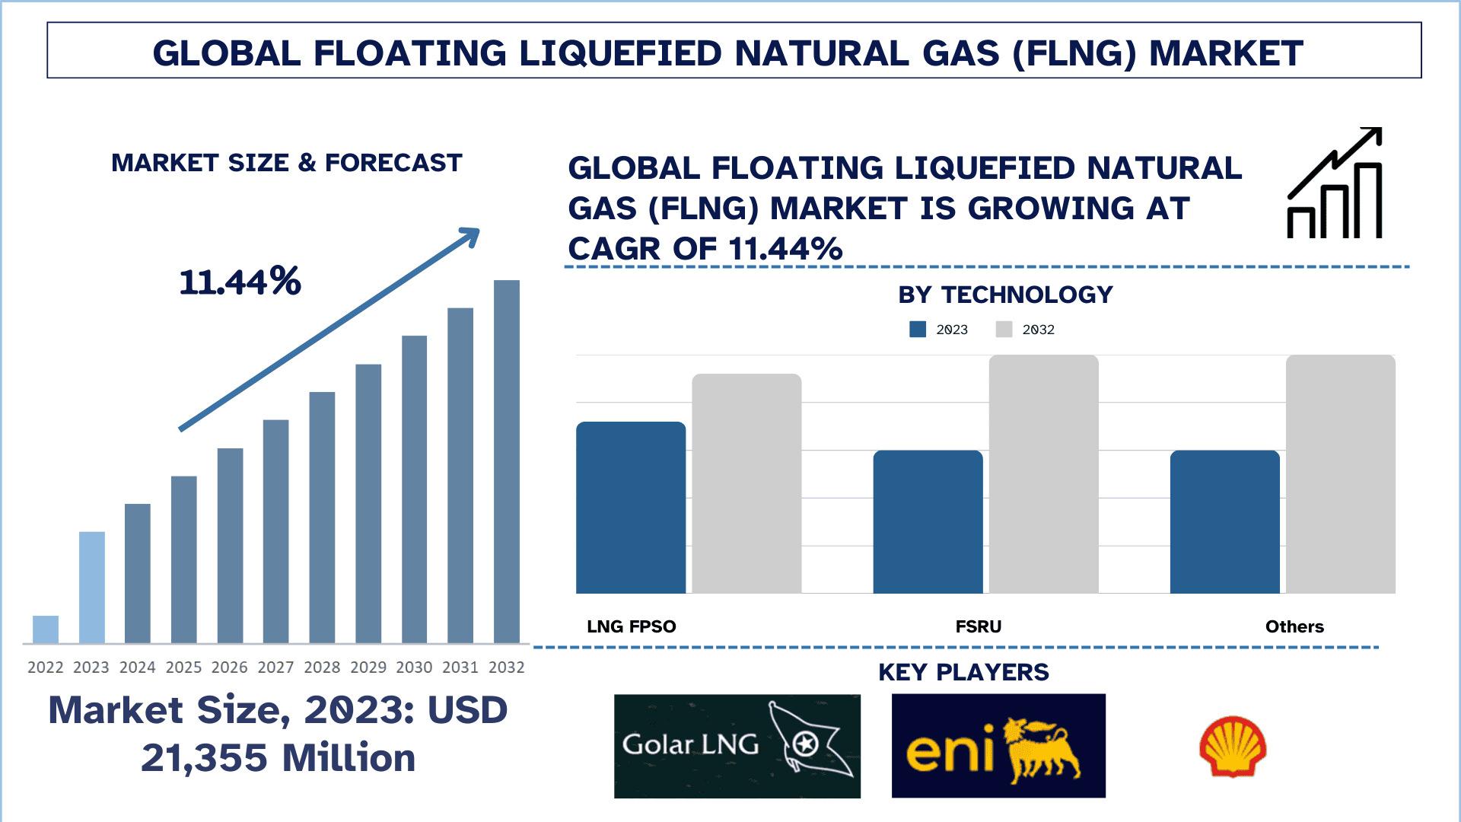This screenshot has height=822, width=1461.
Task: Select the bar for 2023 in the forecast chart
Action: tap(91, 587)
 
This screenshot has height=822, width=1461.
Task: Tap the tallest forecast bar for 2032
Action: tap(507, 461)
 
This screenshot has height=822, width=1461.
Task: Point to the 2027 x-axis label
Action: tap(275, 667)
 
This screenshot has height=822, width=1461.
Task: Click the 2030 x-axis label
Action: tap(414, 667)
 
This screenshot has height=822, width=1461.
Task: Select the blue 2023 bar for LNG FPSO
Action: tap(631, 508)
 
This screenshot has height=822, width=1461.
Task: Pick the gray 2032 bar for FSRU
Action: tap(1043, 474)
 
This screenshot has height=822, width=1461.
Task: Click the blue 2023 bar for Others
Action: tap(1224, 522)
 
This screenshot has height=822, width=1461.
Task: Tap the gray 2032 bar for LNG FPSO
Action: tap(746, 483)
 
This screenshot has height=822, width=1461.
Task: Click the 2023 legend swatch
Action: tap(918, 330)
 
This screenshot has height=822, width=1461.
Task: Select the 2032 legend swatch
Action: tap(1004, 330)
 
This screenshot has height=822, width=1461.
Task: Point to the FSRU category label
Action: tap(979, 627)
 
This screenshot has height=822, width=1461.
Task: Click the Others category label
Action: tap(1294, 627)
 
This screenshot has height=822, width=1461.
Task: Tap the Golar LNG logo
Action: tap(737, 746)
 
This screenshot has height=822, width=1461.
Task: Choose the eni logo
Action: tap(998, 746)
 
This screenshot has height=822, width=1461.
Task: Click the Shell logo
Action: tap(1233, 747)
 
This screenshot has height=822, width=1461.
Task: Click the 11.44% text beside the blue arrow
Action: tap(240, 282)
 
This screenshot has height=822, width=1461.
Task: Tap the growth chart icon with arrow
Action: tap(1335, 183)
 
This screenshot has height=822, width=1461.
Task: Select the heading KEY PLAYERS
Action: tap(963, 672)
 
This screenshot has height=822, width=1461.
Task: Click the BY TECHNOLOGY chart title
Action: tap(1005, 295)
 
